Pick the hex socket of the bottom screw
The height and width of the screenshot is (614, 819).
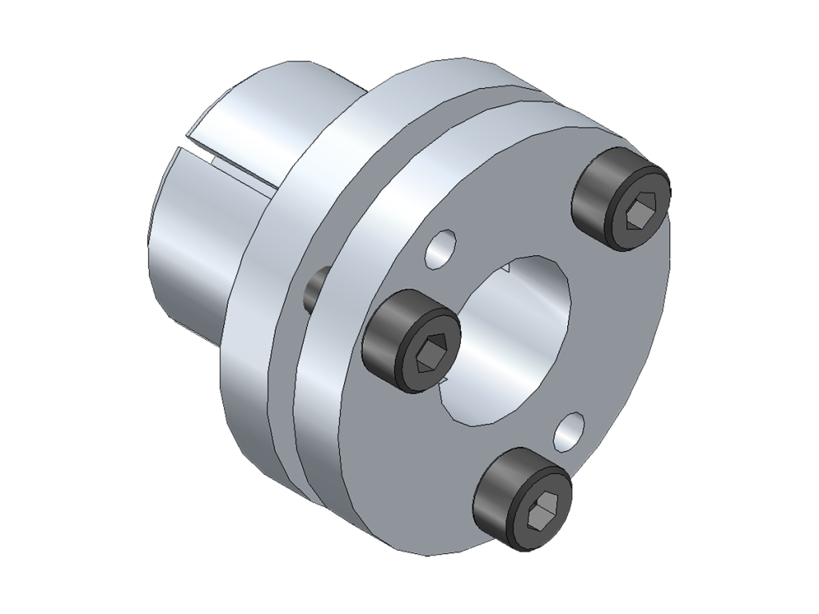[x=541, y=509]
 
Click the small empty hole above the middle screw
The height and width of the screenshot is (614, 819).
[x=441, y=247]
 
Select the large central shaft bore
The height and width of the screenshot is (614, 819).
[x=504, y=336]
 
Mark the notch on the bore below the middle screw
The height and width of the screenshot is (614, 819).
[x=445, y=389]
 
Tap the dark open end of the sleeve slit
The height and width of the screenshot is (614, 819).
[x=200, y=150]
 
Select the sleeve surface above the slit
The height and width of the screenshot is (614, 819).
[x=264, y=112]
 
